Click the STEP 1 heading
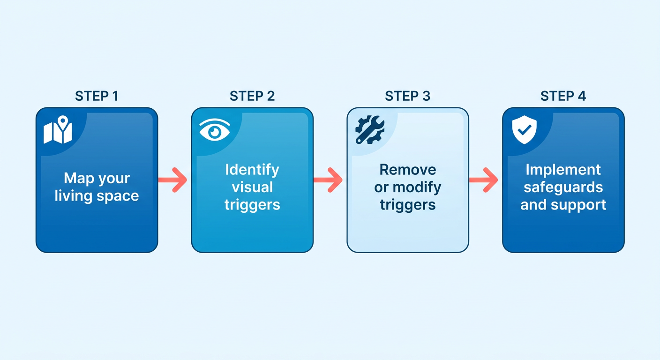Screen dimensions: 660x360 coord(97,96)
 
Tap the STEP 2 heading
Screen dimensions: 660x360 coord(252,96)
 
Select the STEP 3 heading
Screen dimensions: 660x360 coord(408,96)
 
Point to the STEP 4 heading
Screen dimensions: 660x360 coord(563,96)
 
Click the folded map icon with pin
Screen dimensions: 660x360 coord(58,130)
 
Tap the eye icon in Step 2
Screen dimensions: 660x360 coord(215,130)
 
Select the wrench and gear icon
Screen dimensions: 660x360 coord(370,130)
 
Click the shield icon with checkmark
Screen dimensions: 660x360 coord(524,130)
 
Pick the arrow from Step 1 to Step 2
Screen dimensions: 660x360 coord(172,180)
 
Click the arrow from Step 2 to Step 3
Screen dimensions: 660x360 coord(328,180)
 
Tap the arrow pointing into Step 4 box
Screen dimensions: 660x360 coord(483,180)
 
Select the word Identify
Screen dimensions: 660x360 coord(252,170)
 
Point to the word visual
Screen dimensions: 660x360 coord(252,187)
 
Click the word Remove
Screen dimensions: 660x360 coord(408,170)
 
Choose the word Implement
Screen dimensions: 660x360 coord(563,170)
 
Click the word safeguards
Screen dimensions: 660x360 coord(563,187)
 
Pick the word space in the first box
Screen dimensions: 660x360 coord(118,196)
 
